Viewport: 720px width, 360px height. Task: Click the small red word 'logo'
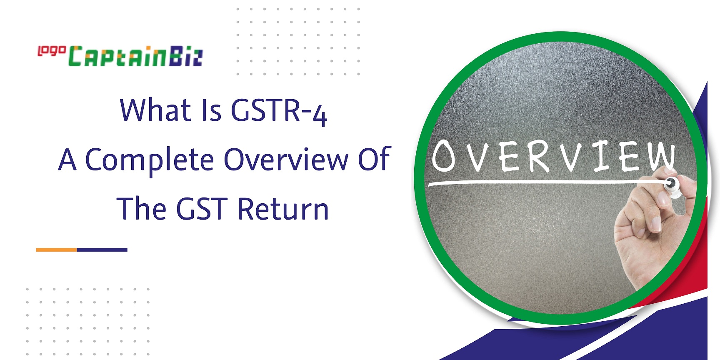pyautogui.click(x=52, y=51)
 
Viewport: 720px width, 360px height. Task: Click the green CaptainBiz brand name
pyautogui.click(x=136, y=56)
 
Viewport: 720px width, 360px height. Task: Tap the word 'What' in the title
pyautogui.click(x=155, y=110)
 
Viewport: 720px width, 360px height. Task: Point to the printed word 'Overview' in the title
pyautogui.click(x=286, y=159)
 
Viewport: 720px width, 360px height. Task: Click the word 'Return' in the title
pyautogui.click(x=283, y=209)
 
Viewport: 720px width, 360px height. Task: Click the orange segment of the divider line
pyautogui.click(x=56, y=250)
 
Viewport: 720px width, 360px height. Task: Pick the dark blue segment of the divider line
pyautogui.click(x=102, y=250)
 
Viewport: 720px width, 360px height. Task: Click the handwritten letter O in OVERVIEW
pyautogui.click(x=443, y=155)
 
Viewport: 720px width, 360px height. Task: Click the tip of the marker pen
pyautogui.click(x=670, y=182)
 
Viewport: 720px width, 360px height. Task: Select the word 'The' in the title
pyautogui.click(x=141, y=209)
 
